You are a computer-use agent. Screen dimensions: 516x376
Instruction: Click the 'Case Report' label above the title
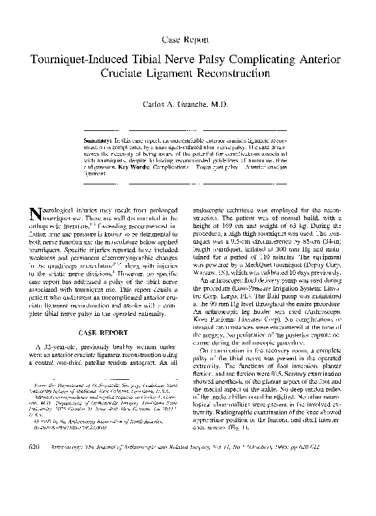(188, 39)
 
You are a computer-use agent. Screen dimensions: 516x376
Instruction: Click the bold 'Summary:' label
(100, 141)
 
